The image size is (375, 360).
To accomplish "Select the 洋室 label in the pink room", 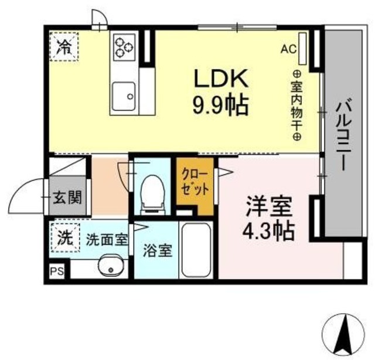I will (269, 208).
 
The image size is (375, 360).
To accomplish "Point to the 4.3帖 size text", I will (269, 230).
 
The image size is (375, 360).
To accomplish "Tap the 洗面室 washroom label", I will (106, 239).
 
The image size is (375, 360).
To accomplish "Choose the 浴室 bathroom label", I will (158, 250).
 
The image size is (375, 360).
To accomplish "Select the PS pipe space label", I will (56, 270).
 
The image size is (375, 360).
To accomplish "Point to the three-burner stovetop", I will (124, 47).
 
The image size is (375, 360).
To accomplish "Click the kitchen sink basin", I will (124, 93).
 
